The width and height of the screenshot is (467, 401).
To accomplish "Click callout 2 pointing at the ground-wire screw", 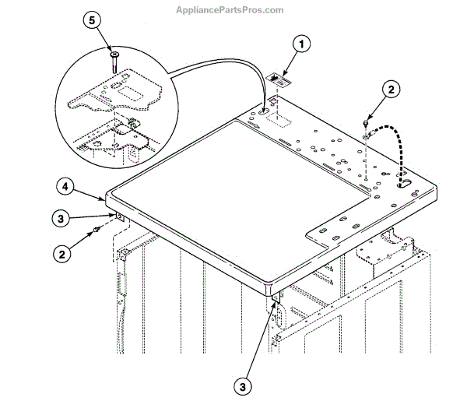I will pyautogui.click(x=392, y=90).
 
